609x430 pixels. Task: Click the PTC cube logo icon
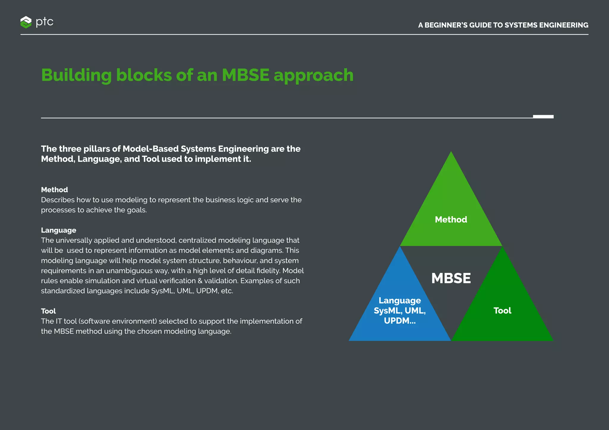(26, 22)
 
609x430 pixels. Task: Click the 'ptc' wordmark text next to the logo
(45, 22)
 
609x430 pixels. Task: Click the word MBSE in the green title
(246, 75)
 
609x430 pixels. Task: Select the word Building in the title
(76, 75)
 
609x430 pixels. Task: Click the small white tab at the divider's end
(543, 117)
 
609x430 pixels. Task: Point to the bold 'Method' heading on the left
(54, 190)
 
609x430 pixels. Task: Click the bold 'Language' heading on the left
(59, 230)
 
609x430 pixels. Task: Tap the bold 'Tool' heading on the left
(48, 311)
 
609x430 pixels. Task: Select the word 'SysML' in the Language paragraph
(162, 291)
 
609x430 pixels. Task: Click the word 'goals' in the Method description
(136, 210)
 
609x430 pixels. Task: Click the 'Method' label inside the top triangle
(451, 219)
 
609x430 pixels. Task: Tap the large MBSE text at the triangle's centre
(451, 278)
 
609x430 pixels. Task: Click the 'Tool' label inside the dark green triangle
(502, 311)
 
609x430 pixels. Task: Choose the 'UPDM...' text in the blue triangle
(400, 321)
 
